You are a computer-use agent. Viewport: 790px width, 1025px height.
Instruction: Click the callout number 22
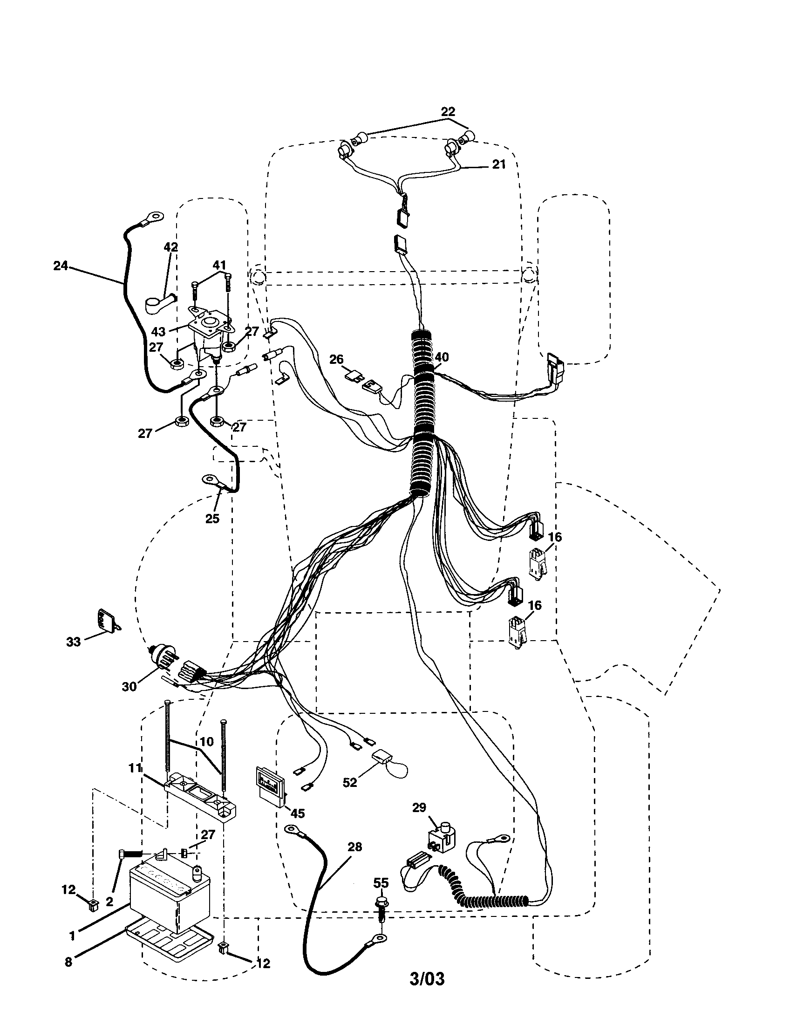pos(448,112)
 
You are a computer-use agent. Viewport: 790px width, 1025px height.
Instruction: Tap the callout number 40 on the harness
pos(442,357)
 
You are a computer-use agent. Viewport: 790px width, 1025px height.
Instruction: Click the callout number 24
pos(60,266)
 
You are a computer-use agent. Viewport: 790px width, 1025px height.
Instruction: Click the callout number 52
pos(350,782)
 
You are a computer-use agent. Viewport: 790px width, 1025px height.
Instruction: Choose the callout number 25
pos(212,519)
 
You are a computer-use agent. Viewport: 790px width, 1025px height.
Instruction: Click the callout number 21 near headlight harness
pos(499,164)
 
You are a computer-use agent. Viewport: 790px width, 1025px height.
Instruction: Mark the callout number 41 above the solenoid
pos(219,265)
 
